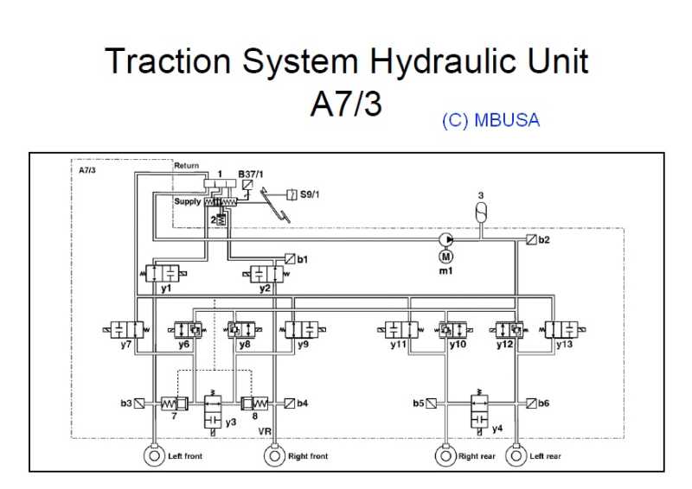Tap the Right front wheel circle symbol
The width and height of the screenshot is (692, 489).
coord(274,454)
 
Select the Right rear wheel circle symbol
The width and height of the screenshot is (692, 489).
coord(445,454)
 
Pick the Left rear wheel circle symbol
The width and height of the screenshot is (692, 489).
coord(516,454)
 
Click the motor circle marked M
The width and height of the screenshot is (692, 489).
coord(446,256)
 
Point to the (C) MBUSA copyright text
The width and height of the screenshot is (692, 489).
coord(490,121)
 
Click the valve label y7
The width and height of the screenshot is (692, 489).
coord(126,344)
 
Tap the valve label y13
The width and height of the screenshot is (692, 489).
coord(564,344)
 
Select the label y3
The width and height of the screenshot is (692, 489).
coord(230,422)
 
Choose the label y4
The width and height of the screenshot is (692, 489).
coord(497,428)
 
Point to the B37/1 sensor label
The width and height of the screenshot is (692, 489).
coord(251,174)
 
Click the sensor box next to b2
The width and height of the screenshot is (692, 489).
coord(530,239)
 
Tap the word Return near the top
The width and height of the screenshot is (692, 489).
coord(186,165)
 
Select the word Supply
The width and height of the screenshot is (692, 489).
coord(188,201)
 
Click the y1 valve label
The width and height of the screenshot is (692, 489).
coord(165,288)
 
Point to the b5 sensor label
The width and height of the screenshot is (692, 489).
coord(418,403)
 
